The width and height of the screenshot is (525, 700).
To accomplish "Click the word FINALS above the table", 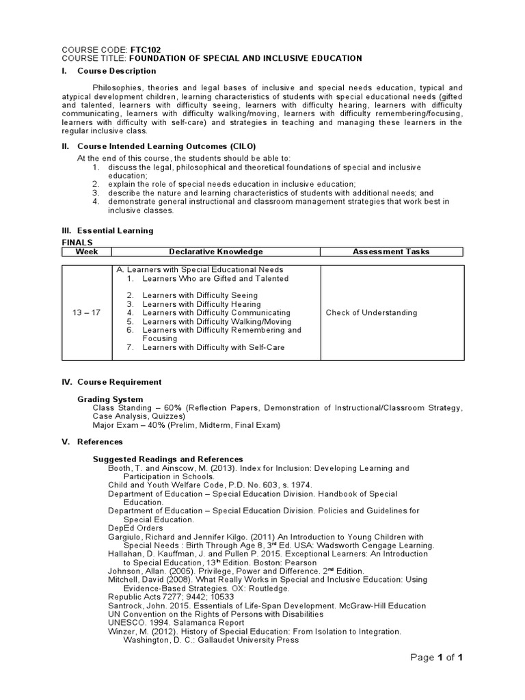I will [77, 242].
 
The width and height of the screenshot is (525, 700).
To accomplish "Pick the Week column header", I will [87, 252].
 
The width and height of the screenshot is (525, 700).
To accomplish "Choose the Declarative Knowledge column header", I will [216, 252].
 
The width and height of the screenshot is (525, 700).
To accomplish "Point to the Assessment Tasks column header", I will [391, 252].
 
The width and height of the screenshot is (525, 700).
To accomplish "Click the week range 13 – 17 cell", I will [87, 312].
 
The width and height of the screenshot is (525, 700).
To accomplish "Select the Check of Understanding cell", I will [371, 312].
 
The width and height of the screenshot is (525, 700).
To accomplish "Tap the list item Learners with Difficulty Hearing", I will [201, 304].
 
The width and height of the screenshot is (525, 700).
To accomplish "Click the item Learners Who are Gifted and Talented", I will [215, 279].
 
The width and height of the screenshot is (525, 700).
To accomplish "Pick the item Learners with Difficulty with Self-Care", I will [213, 347].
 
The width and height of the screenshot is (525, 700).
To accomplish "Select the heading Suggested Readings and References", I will [167, 459].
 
